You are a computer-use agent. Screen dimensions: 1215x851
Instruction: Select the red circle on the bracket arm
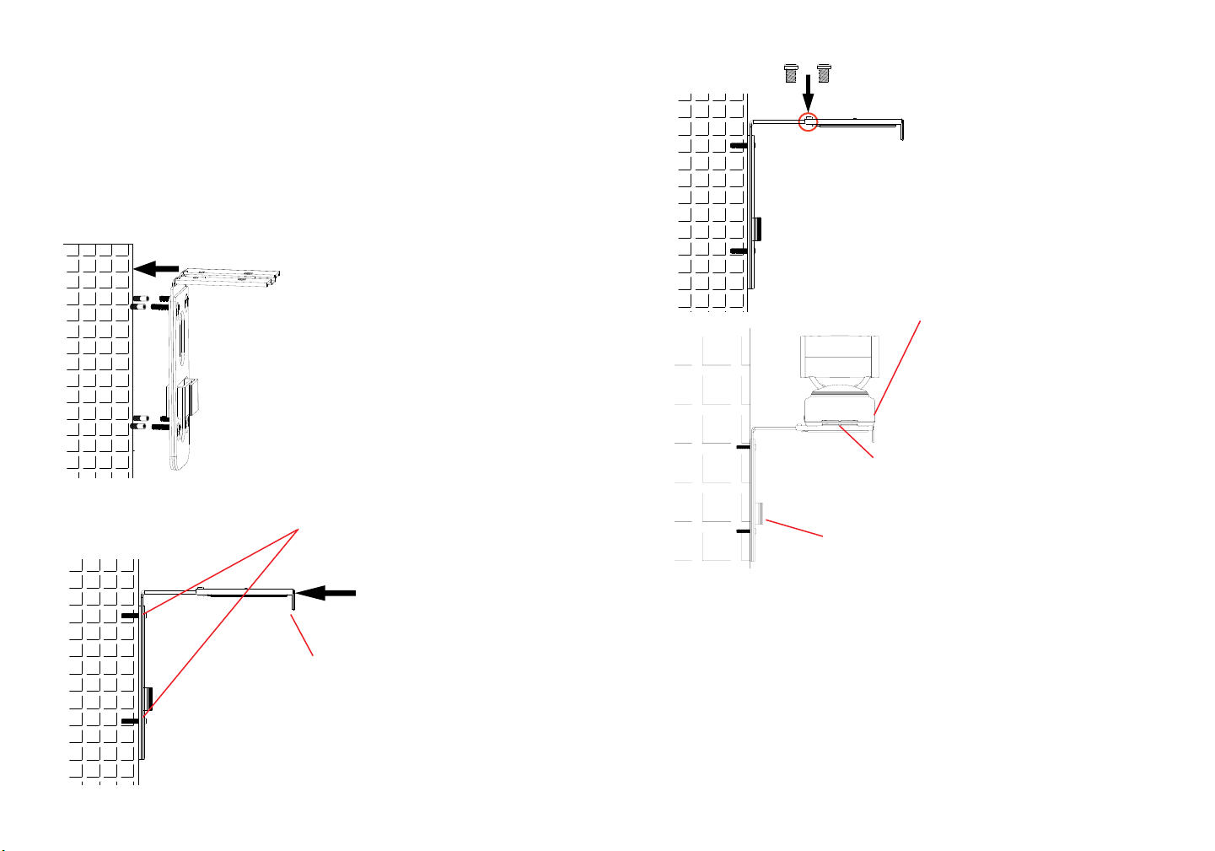tap(808, 121)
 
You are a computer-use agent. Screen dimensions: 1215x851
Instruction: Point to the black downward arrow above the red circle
tap(808, 90)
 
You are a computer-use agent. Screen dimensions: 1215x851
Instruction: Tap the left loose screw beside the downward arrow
tap(791, 74)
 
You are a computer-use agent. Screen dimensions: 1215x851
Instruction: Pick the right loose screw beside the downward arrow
tap(824, 74)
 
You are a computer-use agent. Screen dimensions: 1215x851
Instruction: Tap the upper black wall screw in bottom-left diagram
tap(130, 616)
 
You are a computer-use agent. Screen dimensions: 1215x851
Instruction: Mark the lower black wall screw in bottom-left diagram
tap(130, 722)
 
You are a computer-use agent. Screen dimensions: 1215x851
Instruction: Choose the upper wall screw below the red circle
tap(739, 145)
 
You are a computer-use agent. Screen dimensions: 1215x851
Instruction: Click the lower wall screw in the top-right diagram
tap(739, 250)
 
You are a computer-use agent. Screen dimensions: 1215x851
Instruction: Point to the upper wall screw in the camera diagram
tap(744, 447)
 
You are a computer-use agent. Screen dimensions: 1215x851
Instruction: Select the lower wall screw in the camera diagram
tap(744, 531)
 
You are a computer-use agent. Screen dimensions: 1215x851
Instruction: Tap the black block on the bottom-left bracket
tap(149, 697)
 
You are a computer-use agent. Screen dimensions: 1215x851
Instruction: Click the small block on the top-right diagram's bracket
tap(757, 228)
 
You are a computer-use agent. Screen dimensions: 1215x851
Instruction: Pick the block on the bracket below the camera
tap(760, 513)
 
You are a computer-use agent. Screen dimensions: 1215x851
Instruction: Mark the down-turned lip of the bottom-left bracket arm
tap(293, 601)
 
